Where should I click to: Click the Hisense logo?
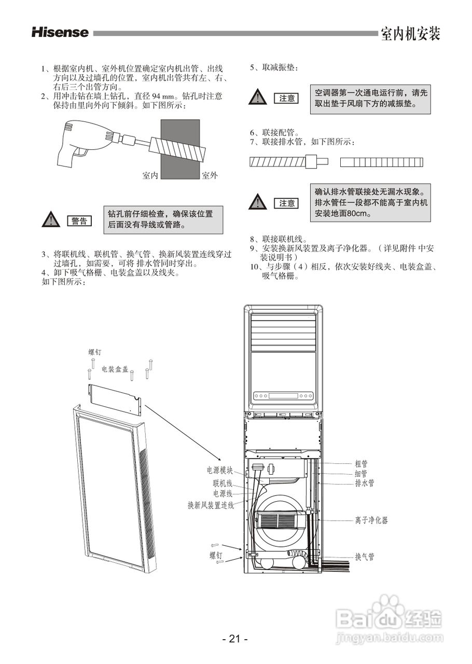(60, 32)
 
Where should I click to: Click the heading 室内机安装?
(410, 34)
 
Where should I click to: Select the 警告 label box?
(79, 221)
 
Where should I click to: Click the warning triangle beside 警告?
(50, 220)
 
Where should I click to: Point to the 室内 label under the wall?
(150, 176)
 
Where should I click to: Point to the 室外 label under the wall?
(210, 176)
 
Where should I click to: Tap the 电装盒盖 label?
(115, 369)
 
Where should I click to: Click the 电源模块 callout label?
(220, 471)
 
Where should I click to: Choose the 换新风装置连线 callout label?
(211, 505)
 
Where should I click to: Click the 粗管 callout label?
(361, 464)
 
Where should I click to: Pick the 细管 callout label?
(361, 474)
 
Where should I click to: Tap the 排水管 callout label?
(364, 483)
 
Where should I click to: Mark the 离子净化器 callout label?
(371, 520)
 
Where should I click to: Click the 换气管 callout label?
(364, 557)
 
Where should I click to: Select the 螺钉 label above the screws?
(95, 352)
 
